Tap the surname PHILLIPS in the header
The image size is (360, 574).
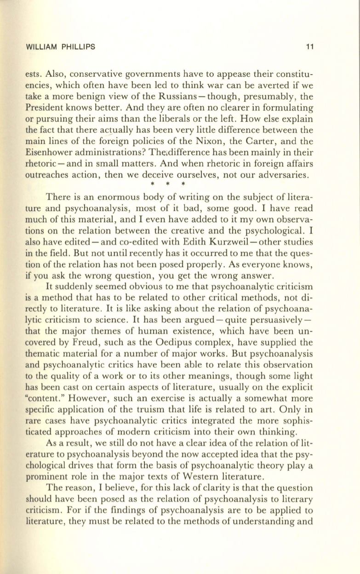click(79, 46)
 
